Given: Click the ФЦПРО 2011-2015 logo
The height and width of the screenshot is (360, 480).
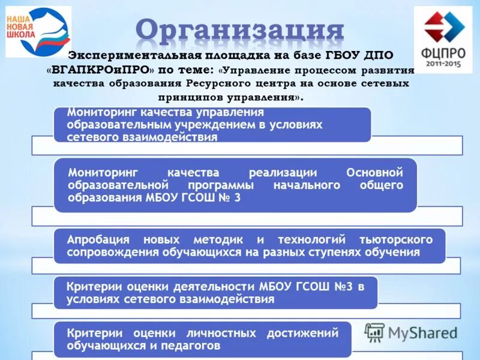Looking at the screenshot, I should (443, 40).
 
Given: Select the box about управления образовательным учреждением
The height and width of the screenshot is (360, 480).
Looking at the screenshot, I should (211, 125).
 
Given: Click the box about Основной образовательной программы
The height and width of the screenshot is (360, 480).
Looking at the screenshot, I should (235, 185).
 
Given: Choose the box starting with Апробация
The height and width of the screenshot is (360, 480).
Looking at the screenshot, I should (249, 246).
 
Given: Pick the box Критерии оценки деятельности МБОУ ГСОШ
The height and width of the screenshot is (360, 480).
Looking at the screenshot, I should (215, 292).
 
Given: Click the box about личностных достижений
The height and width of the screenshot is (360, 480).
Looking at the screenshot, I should (202, 339).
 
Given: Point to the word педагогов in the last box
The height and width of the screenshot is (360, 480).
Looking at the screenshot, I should (191, 346).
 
